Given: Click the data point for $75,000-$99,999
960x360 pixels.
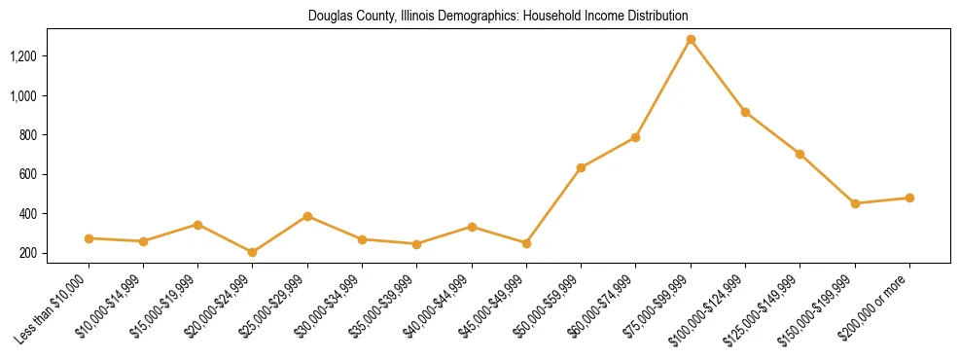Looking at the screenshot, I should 691,40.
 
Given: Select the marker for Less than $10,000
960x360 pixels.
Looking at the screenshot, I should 89,238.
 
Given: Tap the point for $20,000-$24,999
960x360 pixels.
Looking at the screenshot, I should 253,252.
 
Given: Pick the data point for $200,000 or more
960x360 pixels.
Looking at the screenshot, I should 909,198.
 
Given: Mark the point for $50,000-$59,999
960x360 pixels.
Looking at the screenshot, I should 581,168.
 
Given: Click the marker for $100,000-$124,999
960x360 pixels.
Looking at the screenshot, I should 745,112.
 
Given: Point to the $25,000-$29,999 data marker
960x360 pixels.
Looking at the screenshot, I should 307,216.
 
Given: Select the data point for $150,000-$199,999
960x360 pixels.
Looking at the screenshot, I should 855,203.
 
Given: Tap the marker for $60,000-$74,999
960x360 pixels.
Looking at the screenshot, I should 635,137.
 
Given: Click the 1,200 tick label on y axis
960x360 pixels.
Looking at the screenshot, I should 23,56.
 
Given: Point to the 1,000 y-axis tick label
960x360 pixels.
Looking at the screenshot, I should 23,96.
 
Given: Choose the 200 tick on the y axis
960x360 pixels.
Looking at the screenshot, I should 28,253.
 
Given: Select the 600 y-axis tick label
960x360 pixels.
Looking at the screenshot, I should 28,175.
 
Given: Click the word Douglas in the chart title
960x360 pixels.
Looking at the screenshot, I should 329,17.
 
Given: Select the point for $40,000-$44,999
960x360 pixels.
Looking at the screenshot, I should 472,227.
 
